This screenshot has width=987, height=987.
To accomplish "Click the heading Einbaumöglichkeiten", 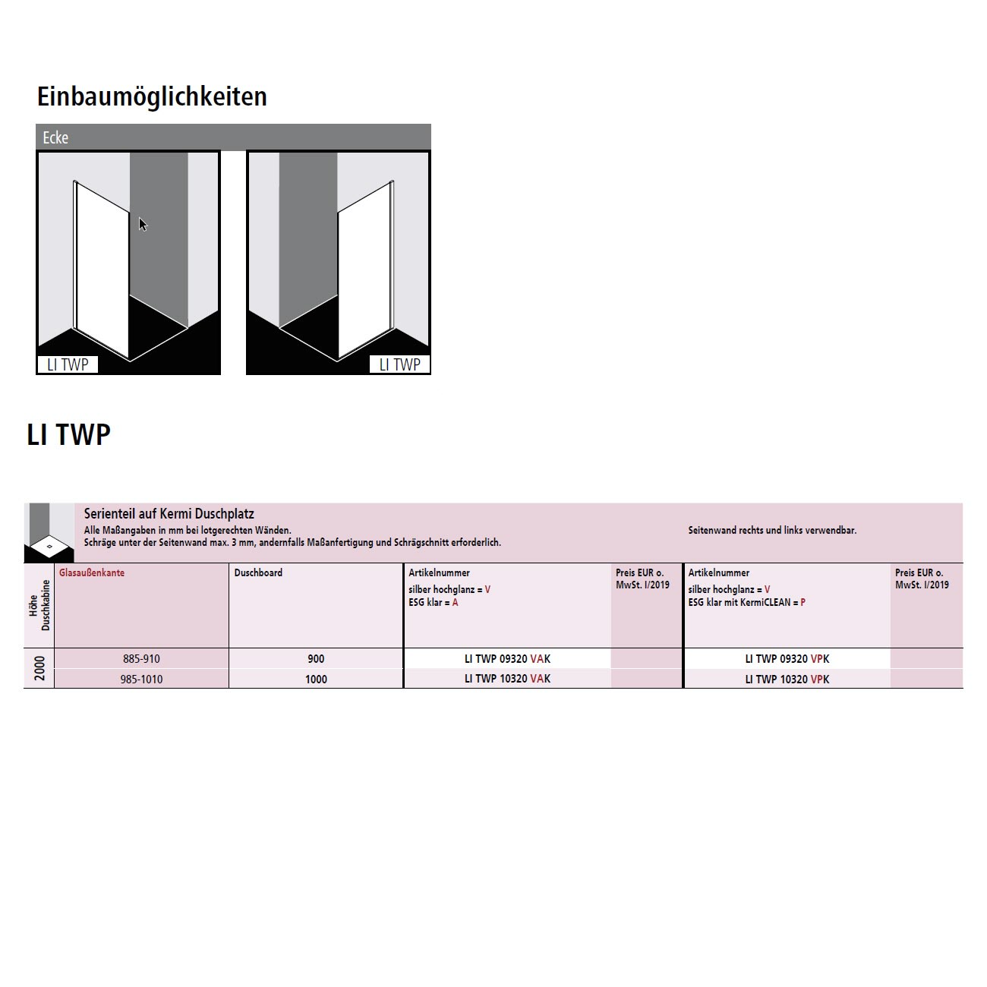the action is tap(152, 97).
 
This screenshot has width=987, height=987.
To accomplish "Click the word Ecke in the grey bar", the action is tap(55, 137).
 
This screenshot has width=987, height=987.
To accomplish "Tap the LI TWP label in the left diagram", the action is tap(68, 364).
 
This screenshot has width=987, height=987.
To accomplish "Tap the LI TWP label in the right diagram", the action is tap(399, 364).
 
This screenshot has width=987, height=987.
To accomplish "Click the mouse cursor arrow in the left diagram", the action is tap(143, 224).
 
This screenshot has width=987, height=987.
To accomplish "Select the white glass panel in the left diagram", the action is tap(102, 269).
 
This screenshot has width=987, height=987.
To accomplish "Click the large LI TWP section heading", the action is tap(68, 435).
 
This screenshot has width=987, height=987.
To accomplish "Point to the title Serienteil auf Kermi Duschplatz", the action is tap(169, 513).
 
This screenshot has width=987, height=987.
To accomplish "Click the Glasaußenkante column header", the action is tap(92, 572).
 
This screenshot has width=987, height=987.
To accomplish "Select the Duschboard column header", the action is tap(258, 572).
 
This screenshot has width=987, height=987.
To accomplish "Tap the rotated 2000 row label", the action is tap(39, 668).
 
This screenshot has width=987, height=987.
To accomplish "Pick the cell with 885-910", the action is tap(141, 659).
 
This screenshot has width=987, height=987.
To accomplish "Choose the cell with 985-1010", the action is tap(141, 680).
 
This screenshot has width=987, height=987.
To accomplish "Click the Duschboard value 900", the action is tap(316, 659).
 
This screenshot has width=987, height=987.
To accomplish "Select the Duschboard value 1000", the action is tap(316, 680).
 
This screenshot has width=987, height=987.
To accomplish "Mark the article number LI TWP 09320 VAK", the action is tap(508, 659).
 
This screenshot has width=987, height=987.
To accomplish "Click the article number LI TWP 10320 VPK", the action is tap(787, 680).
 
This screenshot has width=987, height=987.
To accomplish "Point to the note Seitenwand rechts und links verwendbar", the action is tap(772, 530).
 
